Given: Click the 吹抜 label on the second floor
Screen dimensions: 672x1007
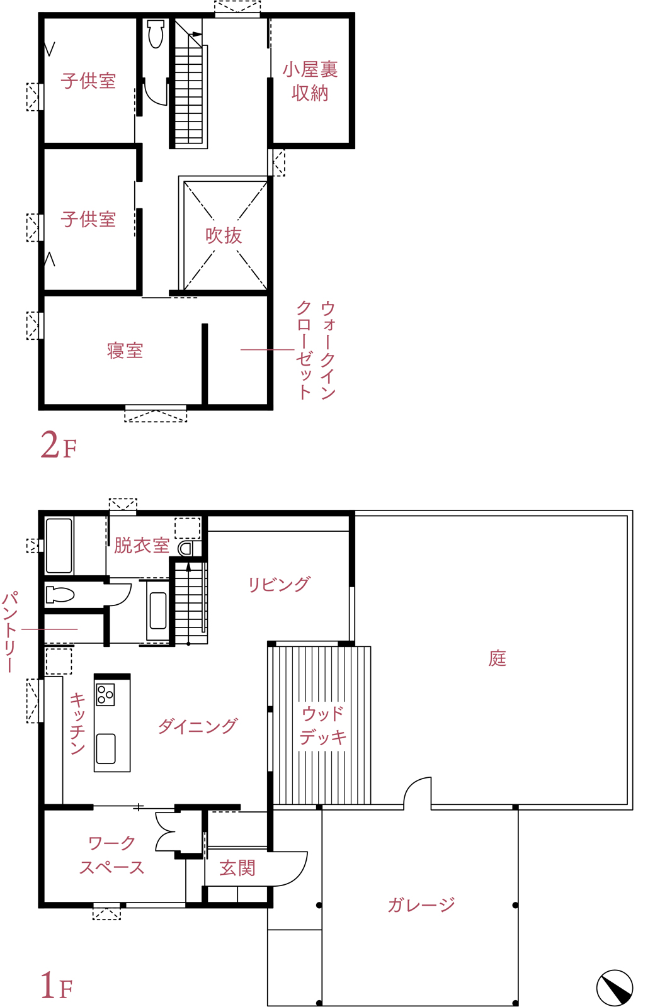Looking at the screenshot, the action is (x=224, y=235).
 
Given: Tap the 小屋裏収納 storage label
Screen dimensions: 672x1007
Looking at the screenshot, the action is (x=310, y=81).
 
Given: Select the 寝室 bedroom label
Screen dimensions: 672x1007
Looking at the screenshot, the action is (x=125, y=351).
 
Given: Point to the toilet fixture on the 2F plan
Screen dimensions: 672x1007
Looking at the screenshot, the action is (x=156, y=34).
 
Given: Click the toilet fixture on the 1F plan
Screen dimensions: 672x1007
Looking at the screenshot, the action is (x=60, y=594).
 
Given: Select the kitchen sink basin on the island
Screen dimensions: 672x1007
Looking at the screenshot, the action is (x=106, y=748).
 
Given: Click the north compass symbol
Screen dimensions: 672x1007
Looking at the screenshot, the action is (x=615, y=988).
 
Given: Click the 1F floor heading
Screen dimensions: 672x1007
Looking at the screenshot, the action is (x=57, y=985).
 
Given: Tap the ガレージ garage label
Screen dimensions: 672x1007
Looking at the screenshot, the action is (x=421, y=904).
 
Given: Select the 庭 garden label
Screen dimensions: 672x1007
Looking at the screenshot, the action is (x=498, y=658).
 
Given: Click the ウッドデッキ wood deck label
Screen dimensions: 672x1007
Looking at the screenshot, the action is (x=322, y=725).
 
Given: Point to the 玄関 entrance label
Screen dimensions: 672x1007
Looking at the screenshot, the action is (x=237, y=868).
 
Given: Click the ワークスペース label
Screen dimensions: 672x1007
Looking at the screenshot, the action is (x=111, y=855).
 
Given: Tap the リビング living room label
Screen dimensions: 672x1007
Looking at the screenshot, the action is (x=279, y=584).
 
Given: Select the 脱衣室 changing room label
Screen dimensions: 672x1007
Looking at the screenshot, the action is (x=141, y=545).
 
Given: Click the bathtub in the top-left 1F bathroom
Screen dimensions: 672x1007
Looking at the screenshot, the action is (x=59, y=546).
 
